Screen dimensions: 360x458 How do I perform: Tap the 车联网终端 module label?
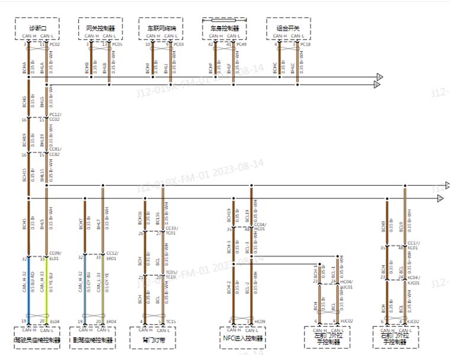[160, 28]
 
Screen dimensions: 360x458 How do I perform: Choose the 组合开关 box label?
[287, 28]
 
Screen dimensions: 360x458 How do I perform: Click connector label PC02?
[55, 44]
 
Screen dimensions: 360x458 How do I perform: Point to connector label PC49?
[242, 44]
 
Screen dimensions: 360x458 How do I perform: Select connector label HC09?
[261, 322]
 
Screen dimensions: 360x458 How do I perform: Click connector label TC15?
[171, 322]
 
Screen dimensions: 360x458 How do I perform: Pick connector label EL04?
[55, 322]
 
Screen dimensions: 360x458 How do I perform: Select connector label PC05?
[117, 44]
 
